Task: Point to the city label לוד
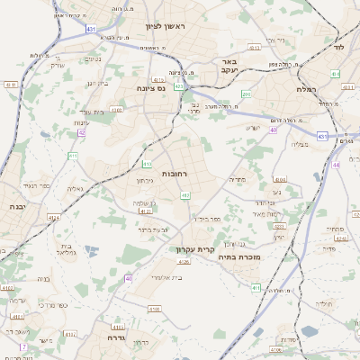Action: coord(339,45)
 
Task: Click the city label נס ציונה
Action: coord(147,89)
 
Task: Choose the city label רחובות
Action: coord(174,172)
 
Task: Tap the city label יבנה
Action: coord(14,206)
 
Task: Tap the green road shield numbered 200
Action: coord(246,94)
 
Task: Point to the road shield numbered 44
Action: coord(335,165)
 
